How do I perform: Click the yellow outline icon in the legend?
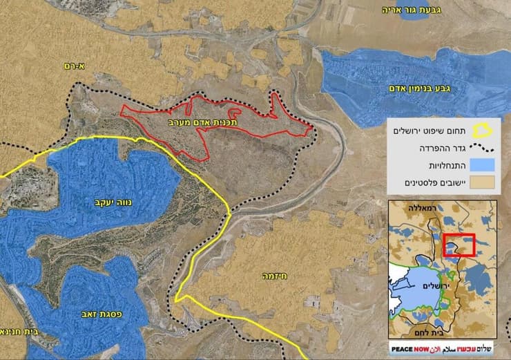click(488, 130)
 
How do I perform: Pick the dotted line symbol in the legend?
click(488, 147)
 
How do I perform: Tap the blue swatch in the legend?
click(488, 165)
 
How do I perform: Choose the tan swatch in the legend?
click(488, 183)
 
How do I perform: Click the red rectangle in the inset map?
click(459, 245)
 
